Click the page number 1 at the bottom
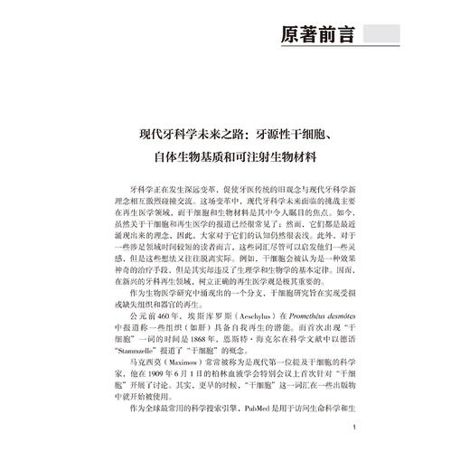click(360, 430)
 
